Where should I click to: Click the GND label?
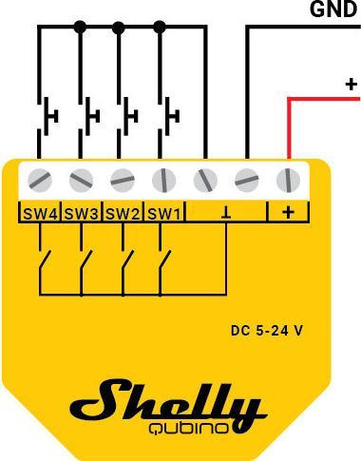(332, 10)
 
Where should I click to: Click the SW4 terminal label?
(39, 213)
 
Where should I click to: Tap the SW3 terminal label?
(81, 213)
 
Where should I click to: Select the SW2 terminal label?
(123, 213)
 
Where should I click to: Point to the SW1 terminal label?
(163, 213)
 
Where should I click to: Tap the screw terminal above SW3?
(81, 179)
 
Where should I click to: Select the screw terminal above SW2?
(123, 179)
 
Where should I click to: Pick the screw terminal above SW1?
(163, 179)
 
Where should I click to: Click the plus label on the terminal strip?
(288, 212)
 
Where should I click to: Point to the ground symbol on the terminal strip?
(226, 212)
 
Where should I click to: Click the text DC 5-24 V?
(267, 331)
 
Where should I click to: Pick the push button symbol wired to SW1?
(171, 115)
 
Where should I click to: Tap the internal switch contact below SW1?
(165, 261)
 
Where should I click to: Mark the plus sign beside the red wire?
(351, 85)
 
